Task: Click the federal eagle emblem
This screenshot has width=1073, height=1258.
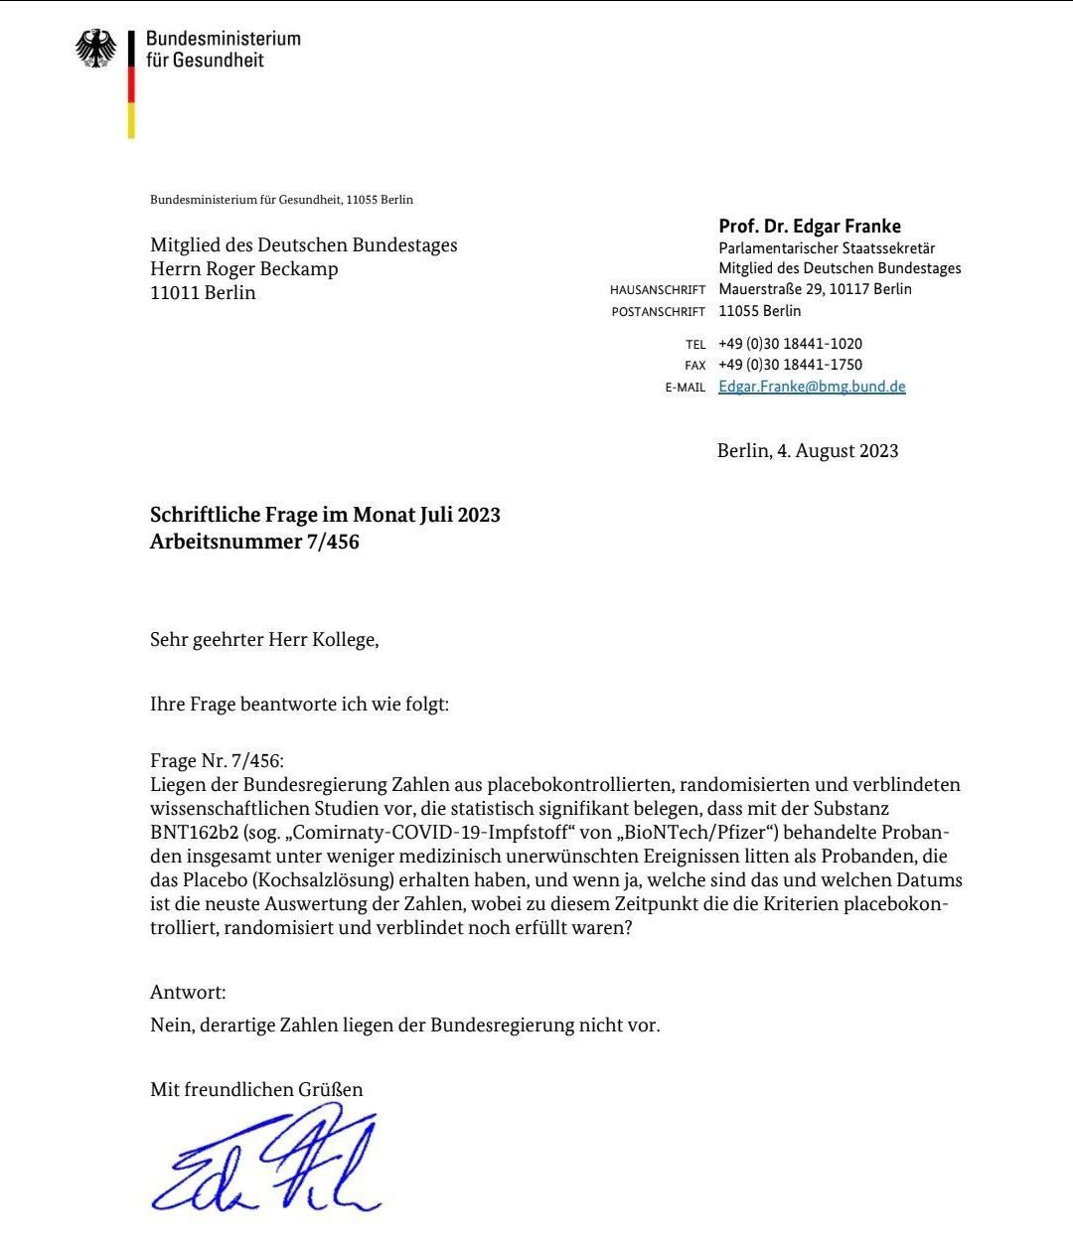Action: pyautogui.click(x=95, y=49)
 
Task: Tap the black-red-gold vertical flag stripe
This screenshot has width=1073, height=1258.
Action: pyautogui.click(x=130, y=84)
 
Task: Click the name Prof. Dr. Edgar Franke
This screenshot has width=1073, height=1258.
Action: pyautogui.click(x=810, y=226)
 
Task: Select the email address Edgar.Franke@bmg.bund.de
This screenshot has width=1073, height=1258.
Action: pyautogui.click(x=812, y=387)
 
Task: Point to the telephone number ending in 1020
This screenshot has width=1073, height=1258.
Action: pyautogui.click(x=790, y=344)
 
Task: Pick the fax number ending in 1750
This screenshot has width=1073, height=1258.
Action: pyautogui.click(x=790, y=365)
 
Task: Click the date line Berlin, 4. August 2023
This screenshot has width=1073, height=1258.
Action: pyautogui.click(x=807, y=451)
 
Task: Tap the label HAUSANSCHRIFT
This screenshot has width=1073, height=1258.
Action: pyautogui.click(x=658, y=290)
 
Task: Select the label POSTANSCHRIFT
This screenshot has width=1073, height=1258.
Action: pyautogui.click(x=659, y=312)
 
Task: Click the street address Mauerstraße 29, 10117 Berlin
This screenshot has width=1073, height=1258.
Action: pyautogui.click(x=815, y=289)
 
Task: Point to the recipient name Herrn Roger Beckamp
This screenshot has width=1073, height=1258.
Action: pyautogui.click(x=243, y=268)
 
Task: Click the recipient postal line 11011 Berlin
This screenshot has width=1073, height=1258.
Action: pyautogui.click(x=203, y=292)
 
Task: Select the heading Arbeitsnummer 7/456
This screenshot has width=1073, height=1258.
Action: pyautogui.click(x=254, y=542)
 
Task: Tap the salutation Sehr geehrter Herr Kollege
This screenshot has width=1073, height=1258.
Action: pyautogui.click(x=264, y=639)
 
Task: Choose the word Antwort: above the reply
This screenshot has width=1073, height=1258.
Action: pyautogui.click(x=188, y=992)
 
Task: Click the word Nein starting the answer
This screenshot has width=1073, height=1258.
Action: pyautogui.click(x=170, y=1024)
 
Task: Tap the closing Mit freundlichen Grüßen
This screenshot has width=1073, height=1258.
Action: pyautogui.click(x=256, y=1089)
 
